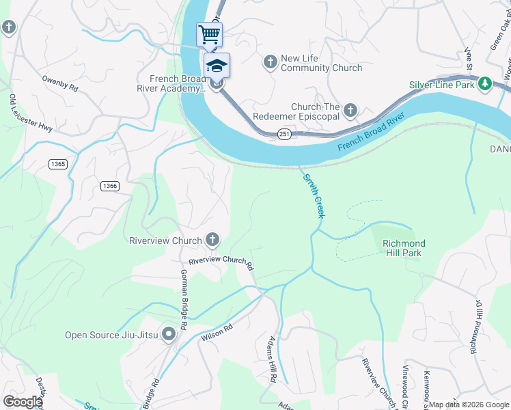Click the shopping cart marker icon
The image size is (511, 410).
pos(210,33)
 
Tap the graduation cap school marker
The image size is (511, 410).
pos(217,65)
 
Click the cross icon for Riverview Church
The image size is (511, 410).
pos(212,240)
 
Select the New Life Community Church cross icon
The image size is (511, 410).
pos(270,63)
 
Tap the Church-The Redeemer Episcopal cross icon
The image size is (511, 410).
pos(350,110)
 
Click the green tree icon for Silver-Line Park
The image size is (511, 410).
pos(485,84)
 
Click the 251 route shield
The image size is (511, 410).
pos(285,135)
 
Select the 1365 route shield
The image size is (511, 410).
pos(58,164)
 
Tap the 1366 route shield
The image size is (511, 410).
pos(109,186)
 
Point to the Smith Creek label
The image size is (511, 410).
pos(313,195)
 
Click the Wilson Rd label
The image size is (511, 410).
pos(217,333)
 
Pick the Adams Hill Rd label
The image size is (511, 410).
pos(272,359)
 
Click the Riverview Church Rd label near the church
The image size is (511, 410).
pos(221,262)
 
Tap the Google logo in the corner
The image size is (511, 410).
pos(23,402)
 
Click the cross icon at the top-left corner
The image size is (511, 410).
pos(8,27)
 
